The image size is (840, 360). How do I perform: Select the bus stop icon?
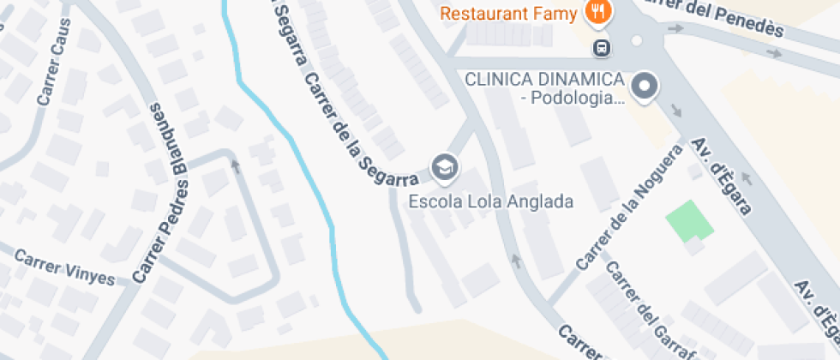603,47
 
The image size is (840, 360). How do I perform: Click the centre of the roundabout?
636,40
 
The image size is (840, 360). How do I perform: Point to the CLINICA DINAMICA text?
543,79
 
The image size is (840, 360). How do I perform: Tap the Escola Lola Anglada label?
490,202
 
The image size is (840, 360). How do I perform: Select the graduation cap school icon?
444,165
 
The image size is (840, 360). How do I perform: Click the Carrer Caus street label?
53,73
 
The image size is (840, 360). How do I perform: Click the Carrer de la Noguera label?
631,207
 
